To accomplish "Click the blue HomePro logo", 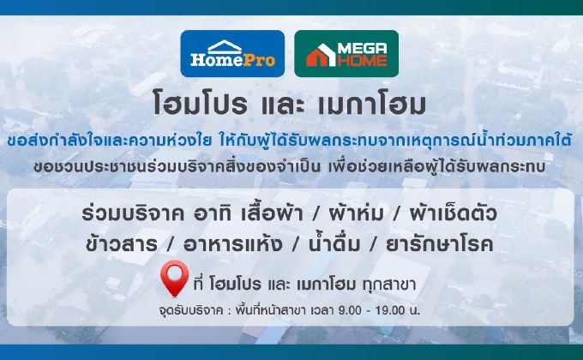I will (233, 53).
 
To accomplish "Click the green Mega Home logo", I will (346, 53).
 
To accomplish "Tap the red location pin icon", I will (175, 279).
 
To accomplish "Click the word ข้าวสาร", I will (123, 243).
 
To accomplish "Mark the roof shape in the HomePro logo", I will (232, 44).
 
